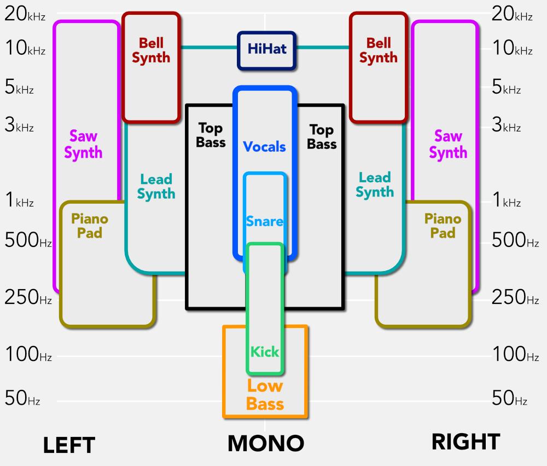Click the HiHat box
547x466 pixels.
266,50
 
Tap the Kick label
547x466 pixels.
265,352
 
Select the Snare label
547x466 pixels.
265,221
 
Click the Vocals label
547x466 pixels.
265,147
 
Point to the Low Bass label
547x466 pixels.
265,395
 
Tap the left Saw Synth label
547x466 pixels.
83,145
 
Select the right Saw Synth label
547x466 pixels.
448,145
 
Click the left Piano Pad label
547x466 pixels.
90,226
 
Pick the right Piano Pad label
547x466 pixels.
443,226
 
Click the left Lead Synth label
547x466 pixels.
156,186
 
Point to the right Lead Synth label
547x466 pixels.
375,185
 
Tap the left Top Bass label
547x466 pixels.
211,135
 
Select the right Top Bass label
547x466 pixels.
322,137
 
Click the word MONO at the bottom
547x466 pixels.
265,444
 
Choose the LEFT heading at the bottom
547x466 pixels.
69,445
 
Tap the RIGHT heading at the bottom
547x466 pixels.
465,442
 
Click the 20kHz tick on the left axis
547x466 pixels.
25,15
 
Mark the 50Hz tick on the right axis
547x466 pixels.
509,399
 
